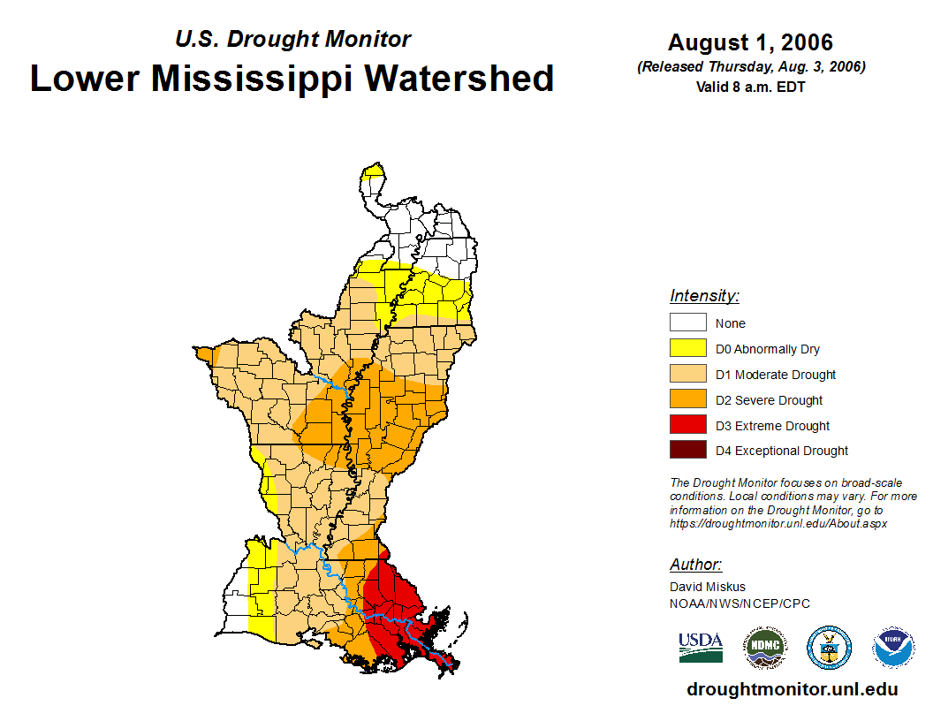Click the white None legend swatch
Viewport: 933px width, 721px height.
tap(688, 323)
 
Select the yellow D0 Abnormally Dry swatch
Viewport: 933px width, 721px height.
tap(688, 348)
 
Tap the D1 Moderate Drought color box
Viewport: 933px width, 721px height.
tap(688, 374)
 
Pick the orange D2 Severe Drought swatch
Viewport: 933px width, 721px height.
tap(688, 399)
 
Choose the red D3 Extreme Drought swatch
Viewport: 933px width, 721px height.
tap(688, 425)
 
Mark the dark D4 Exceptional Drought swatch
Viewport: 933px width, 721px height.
tap(688, 450)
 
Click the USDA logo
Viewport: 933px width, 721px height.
tap(701, 647)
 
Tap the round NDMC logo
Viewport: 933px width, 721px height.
tap(764, 647)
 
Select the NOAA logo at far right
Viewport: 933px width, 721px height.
tap(893, 647)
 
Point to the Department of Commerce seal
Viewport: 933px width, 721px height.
tap(829, 647)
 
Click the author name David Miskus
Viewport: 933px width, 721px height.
tap(708, 587)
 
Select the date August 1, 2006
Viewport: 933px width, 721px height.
tap(750, 42)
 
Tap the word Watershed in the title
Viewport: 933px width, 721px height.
tap(460, 78)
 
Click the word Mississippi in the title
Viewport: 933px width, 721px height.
tap(254, 78)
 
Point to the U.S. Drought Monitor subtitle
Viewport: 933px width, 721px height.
tap(292, 39)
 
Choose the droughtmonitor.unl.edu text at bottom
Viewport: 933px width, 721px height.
tap(792, 690)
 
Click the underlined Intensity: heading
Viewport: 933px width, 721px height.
tap(704, 296)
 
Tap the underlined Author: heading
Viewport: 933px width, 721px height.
tap(695, 565)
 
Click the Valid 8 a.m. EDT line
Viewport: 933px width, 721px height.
tap(750, 87)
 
